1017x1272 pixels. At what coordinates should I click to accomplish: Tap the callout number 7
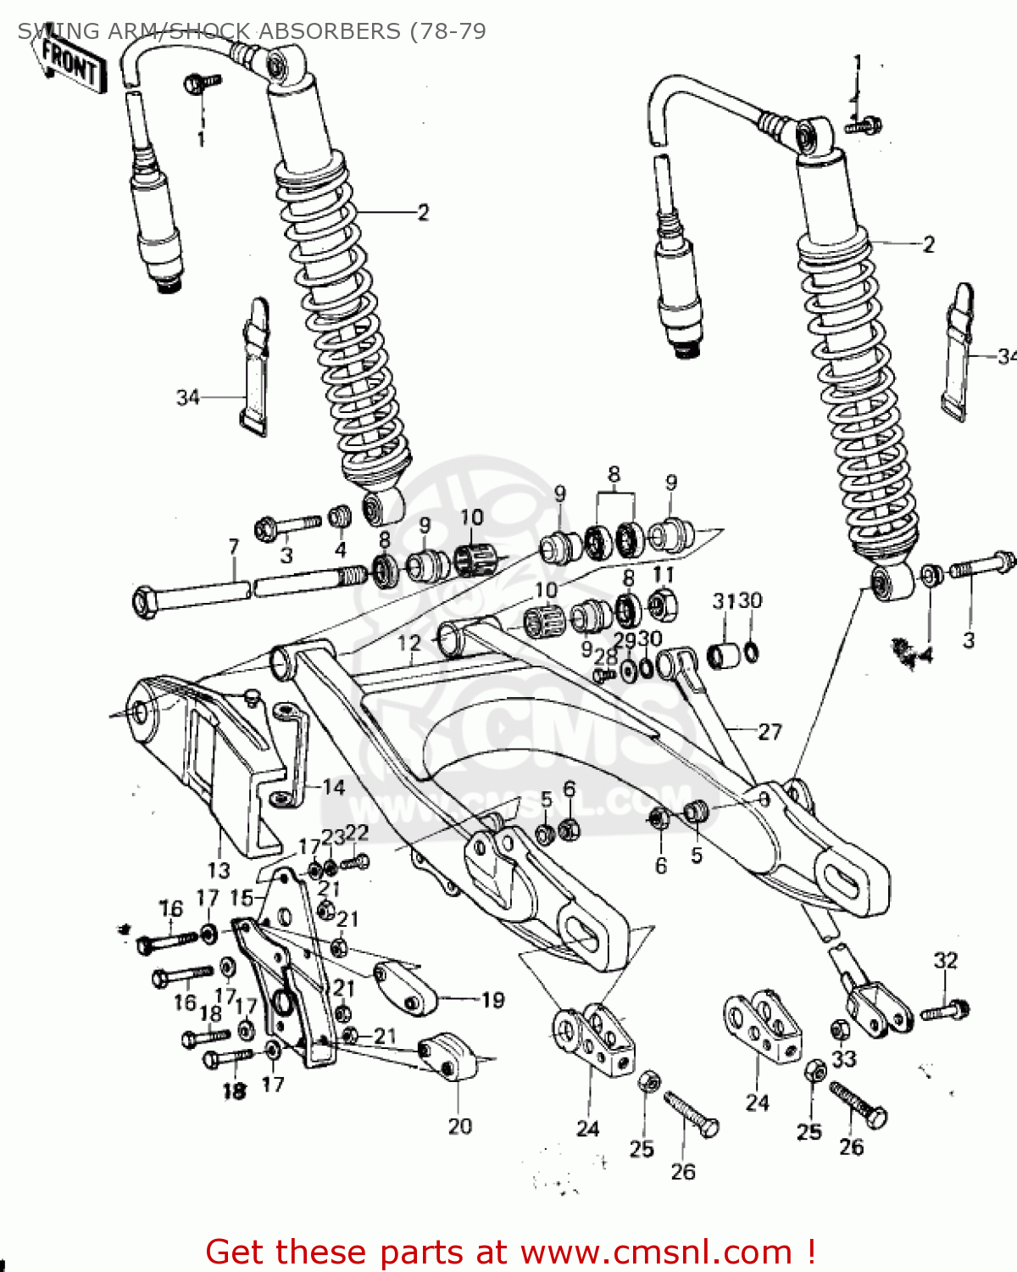234,548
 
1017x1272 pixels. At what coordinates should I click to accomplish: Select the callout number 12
409,644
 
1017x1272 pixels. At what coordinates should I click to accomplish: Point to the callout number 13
219,870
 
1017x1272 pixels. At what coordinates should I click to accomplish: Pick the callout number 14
333,788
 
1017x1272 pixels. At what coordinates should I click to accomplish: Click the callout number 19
492,1001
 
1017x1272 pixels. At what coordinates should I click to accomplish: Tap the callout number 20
459,1126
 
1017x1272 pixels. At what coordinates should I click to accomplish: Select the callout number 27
770,732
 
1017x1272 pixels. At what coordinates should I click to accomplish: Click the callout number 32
945,961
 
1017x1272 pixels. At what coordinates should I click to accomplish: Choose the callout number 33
844,1058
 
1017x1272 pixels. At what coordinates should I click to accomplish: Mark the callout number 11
664,575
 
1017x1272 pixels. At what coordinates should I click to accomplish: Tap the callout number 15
242,897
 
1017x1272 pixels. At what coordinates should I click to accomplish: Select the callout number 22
357,833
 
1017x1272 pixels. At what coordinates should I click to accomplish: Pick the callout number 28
605,657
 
